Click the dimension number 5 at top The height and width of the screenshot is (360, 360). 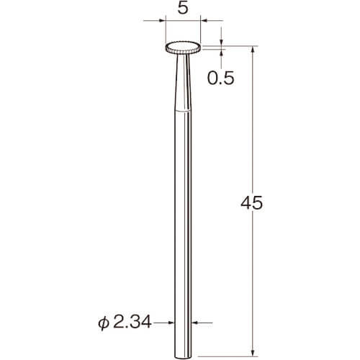coord(183,9)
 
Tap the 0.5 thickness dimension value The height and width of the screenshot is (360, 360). coord(220,78)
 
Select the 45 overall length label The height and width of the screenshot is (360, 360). coord(251,203)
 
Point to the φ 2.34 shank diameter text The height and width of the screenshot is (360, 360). coord(125,323)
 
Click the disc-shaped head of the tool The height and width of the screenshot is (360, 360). coord(183,48)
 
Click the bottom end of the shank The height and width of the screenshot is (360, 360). coord(183,357)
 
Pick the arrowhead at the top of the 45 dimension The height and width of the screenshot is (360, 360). coord(253,50)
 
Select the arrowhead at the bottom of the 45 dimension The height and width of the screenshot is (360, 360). coord(253,352)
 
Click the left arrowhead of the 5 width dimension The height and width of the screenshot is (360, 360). coord(161,21)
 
